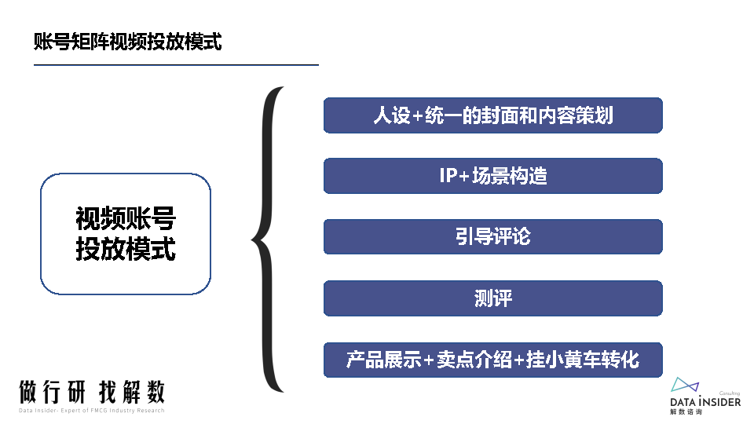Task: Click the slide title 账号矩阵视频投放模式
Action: click(x=128, y=42)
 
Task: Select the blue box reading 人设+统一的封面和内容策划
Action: click(x=492, y=115)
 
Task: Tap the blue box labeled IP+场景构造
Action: click(x=492, y=176)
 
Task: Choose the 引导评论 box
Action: click(x=492, y=236)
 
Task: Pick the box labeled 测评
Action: click(x=492, y=298)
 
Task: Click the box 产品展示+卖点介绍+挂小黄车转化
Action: click(x=492, y=359)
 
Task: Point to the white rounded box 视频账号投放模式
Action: click(x=126, y=234)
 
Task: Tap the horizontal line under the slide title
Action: click(x=176, y=64)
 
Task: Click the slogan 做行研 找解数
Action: click(x=92, y=392)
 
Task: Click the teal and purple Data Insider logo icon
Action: click(x=685, y=385)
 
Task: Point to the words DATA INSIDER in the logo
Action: click(x=705, y=401)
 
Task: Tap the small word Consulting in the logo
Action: click(x=730, y=393)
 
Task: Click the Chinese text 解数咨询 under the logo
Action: click(x=686, y=411)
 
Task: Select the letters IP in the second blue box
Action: click(x=448, y=176)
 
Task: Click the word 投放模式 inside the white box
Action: click(x=126, y=249)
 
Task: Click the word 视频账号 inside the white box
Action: click(x=126, y=219)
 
